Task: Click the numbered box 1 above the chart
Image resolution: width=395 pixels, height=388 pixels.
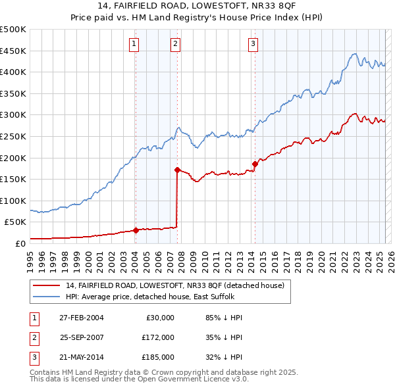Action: click(x=134, y=44)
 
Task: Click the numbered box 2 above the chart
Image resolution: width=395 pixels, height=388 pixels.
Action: click(x=176, y=44)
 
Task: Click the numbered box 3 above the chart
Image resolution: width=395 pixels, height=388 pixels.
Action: click(x=253, y=44)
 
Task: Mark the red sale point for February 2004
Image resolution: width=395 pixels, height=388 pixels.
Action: click(x=136, y=230)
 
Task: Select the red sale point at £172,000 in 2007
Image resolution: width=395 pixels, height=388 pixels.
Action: click(x=177, y=170)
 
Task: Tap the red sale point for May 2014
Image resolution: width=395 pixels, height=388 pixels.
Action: click(x=255, y=164)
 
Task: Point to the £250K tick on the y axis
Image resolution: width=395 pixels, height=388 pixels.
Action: click(x=13, y=136)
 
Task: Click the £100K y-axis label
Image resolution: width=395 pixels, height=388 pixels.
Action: click(x=13, y=201)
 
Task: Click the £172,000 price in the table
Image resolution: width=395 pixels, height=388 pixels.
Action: click(x=157, y=337)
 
